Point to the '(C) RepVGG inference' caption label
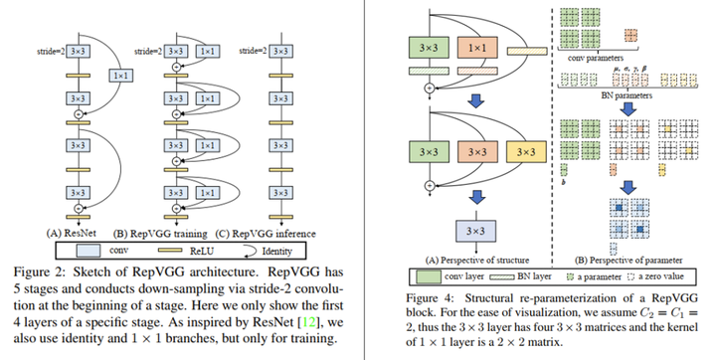click(x=255, y=234)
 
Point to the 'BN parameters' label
click(x=626, y=97)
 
